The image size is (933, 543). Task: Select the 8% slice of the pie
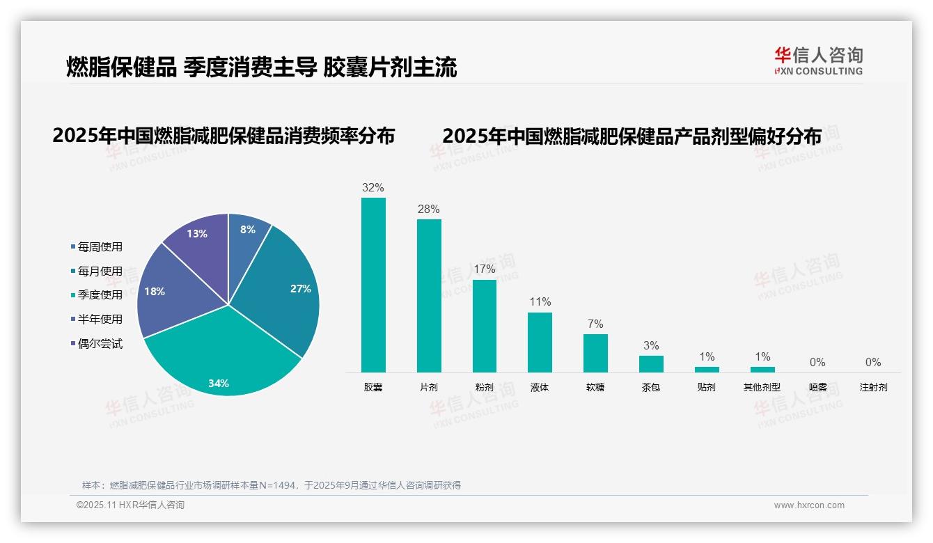tap(247, 233)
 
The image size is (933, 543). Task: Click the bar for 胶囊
tap(373, 285)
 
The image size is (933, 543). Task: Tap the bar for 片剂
tap(429, 296)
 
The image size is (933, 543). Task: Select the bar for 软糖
tap(595, 354)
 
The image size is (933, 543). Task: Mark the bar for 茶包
tap(651, 364)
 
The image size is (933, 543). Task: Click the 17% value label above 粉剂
tap(484, 269)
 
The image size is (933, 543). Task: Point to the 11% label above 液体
tap(540, 301)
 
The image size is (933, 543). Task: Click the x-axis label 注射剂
tap(873, 387)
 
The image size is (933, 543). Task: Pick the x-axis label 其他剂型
tap(762, 387)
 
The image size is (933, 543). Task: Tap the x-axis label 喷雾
tap(818, 387)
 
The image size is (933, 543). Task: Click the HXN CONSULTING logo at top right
tap(818, 61)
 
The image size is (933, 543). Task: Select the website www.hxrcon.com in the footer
tap(809, 505)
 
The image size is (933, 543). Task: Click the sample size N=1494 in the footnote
tap(277, 485)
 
